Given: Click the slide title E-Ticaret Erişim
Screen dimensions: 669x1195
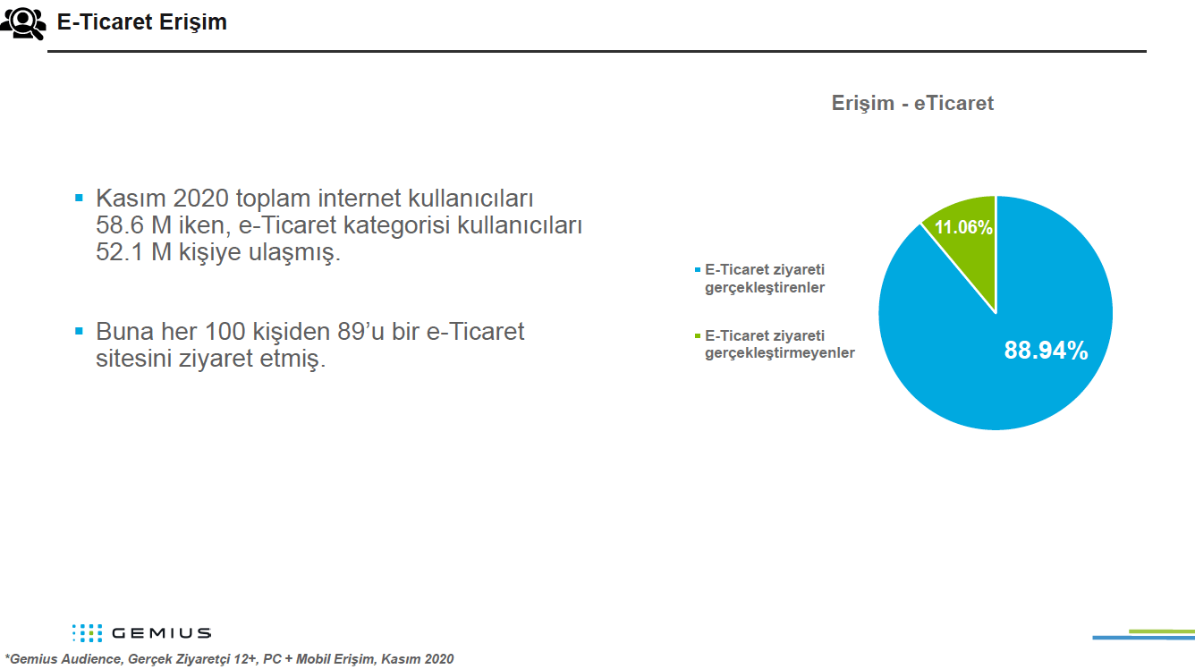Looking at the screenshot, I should pyautogui.click(x=141, y=22).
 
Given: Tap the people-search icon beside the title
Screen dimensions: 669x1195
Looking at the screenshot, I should pyautogui.click(x=23, y=23).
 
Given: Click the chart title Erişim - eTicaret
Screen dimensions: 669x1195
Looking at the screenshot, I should pyautogui.click(x=912, y=103).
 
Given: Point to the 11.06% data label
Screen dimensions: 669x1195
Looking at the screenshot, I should pyautogui.click(x=963, y=227).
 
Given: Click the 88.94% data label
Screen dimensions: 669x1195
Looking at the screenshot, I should pyautogui.click(x=1046, y=351).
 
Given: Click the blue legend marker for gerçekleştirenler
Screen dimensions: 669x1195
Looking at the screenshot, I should pyautogui.click(x=698, y=269).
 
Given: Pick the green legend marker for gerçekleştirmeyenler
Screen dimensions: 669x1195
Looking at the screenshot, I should pyautogui.click(x=698, y=336).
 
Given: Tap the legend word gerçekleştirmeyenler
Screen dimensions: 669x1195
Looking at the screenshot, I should pyautogui.click(x=779, y=353).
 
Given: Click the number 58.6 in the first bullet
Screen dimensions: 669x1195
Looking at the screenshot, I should pyautogui.click(x=119, y=225).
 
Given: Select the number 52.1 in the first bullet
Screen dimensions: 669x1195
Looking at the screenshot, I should pyautogui.click(x=119, y=252).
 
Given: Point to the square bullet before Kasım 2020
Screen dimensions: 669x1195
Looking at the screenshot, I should pyautogui.click(x=79, y=197).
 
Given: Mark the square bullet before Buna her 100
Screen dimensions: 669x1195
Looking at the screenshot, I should pyautogui.click(x=79, y=331).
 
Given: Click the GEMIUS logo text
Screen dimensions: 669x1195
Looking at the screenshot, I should pyautogui.click(x=162, y=633).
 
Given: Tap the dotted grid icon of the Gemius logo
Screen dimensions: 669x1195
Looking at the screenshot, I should pyautogui.click(x=88, y=633).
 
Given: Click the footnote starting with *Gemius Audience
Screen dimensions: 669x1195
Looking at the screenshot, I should pyautogui.click(x=229, y=659).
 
